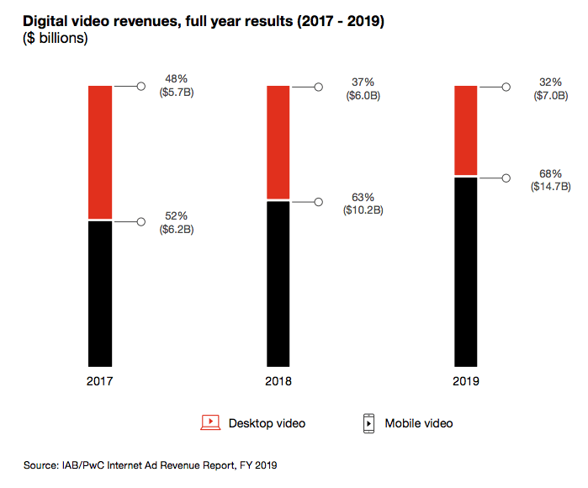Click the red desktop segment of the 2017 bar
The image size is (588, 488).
(100, 151)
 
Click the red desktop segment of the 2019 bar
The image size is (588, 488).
(465, 130)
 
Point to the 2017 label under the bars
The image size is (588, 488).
(100, 381)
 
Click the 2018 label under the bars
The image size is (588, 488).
(278, 381)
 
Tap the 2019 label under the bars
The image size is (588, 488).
(465, 381)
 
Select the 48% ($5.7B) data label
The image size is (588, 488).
(177, 86)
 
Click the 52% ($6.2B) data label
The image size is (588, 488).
(177, 222)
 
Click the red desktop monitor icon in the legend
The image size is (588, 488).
(209, 422)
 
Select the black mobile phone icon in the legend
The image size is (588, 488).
(368, 423)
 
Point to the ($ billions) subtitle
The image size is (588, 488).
(55, 38)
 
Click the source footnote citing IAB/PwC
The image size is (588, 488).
(151, 464)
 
